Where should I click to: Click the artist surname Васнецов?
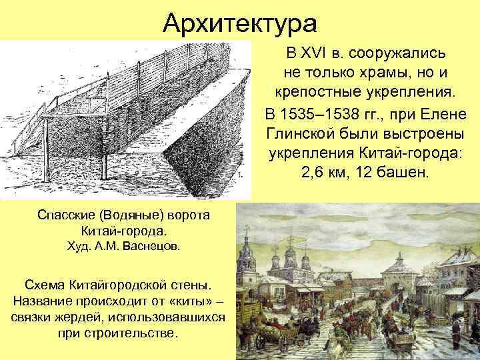click(153, 247)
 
